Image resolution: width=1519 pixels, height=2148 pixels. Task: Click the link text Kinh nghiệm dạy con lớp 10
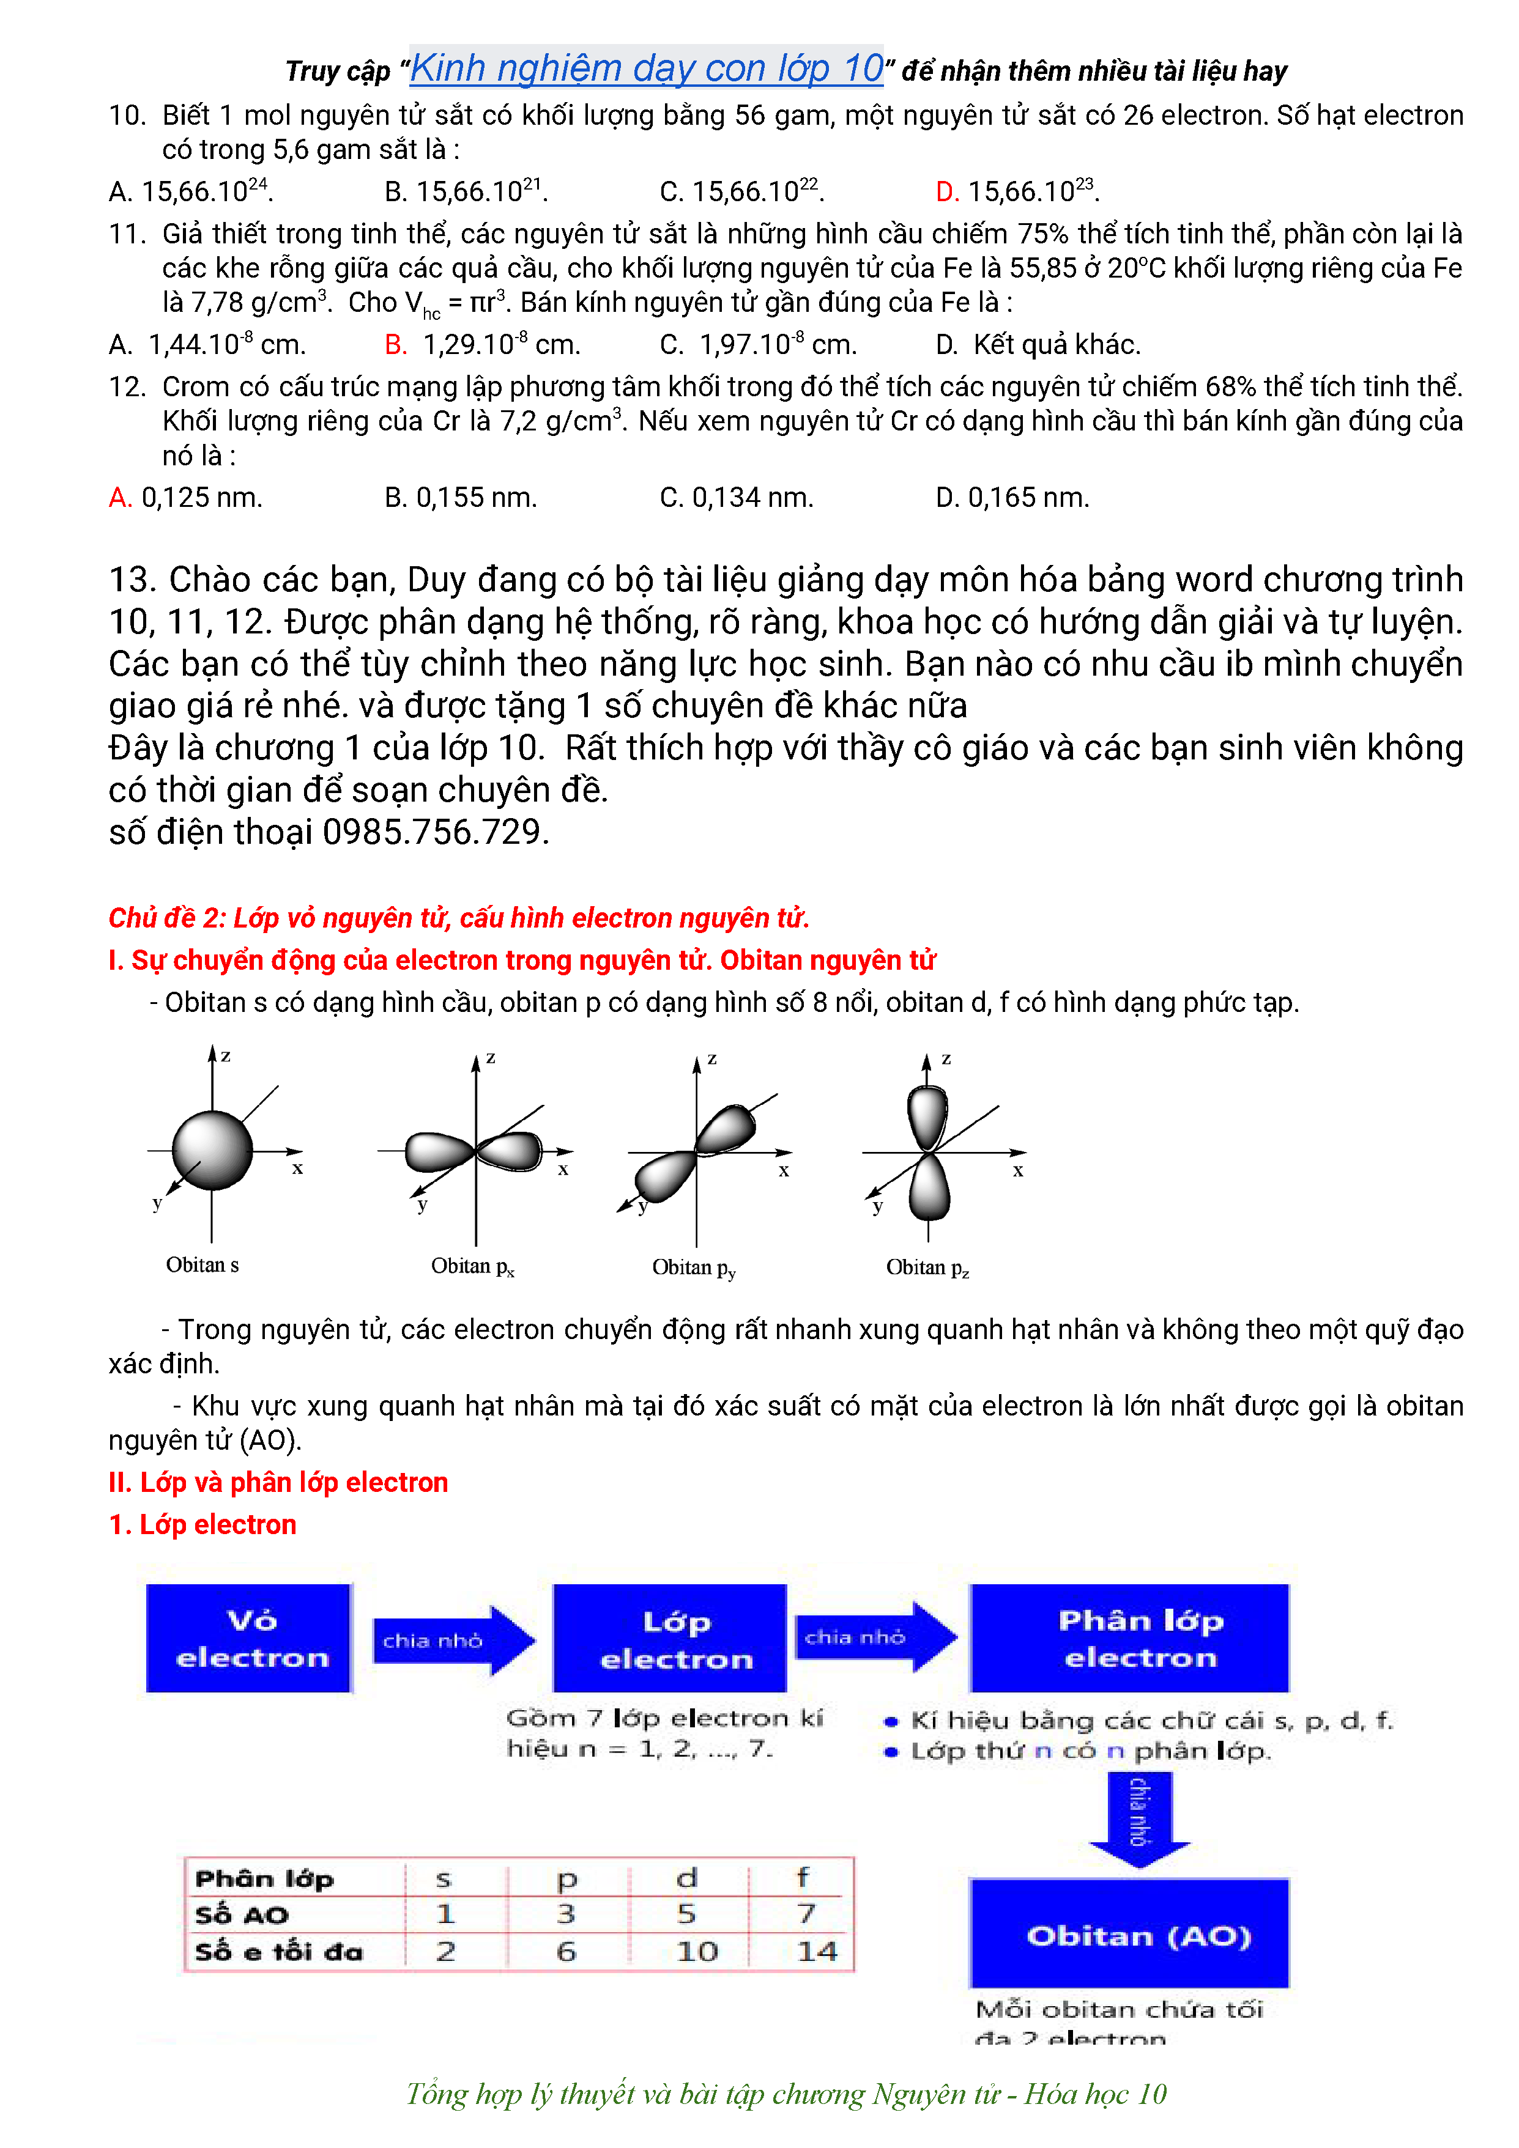point(646,68)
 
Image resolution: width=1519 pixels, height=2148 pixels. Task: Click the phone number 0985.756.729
point(434,832)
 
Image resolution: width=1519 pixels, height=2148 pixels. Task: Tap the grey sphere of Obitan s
point(212,1150)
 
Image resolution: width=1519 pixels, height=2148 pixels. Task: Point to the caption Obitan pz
point(927,1268)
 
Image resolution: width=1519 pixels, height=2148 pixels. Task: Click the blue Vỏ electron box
point(249,1638)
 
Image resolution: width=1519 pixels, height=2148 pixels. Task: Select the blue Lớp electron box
point(670,1638)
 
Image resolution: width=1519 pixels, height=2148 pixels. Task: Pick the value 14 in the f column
point(816,1952)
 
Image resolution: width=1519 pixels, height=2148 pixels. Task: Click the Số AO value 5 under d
point(687,1914)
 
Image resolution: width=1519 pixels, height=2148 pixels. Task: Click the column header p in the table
point(566,1878)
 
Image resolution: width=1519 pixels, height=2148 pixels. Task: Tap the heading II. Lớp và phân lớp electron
point(278,1482)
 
